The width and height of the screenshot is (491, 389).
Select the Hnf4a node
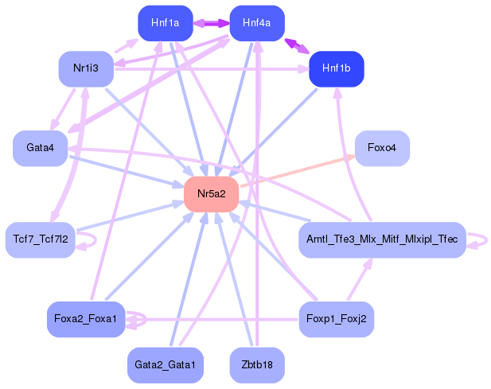pyautogui.click(x=257, y=23)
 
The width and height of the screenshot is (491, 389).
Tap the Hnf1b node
pyautogui.click(x=336, y=68)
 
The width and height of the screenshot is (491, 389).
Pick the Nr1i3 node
pyautogui.click(x=85, y=68)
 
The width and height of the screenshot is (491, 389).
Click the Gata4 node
pyautogui.click(x=40, y=149)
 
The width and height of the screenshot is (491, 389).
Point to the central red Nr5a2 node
pyautogui.click(x=212, y=194)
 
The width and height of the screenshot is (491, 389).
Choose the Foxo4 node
pyautogui.click(x=382, y=149)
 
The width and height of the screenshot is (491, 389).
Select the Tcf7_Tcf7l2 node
pyautogui.click(x=40, y=239)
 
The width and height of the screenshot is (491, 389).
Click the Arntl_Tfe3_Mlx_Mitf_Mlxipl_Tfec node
pyautogui.click(x=381, y=239)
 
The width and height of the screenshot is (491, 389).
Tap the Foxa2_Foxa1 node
pyautogui.click(x=85, y=320)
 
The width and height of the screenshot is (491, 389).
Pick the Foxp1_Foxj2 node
pyautogui.click(x=336, y=320)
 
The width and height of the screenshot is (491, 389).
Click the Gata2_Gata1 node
pyautogui.click(x=165, y=365)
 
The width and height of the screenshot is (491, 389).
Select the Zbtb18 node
pyautogui.click(x=257, y=365)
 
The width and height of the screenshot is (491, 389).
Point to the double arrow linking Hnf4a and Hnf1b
pyautogui.click(x=298, y=46)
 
